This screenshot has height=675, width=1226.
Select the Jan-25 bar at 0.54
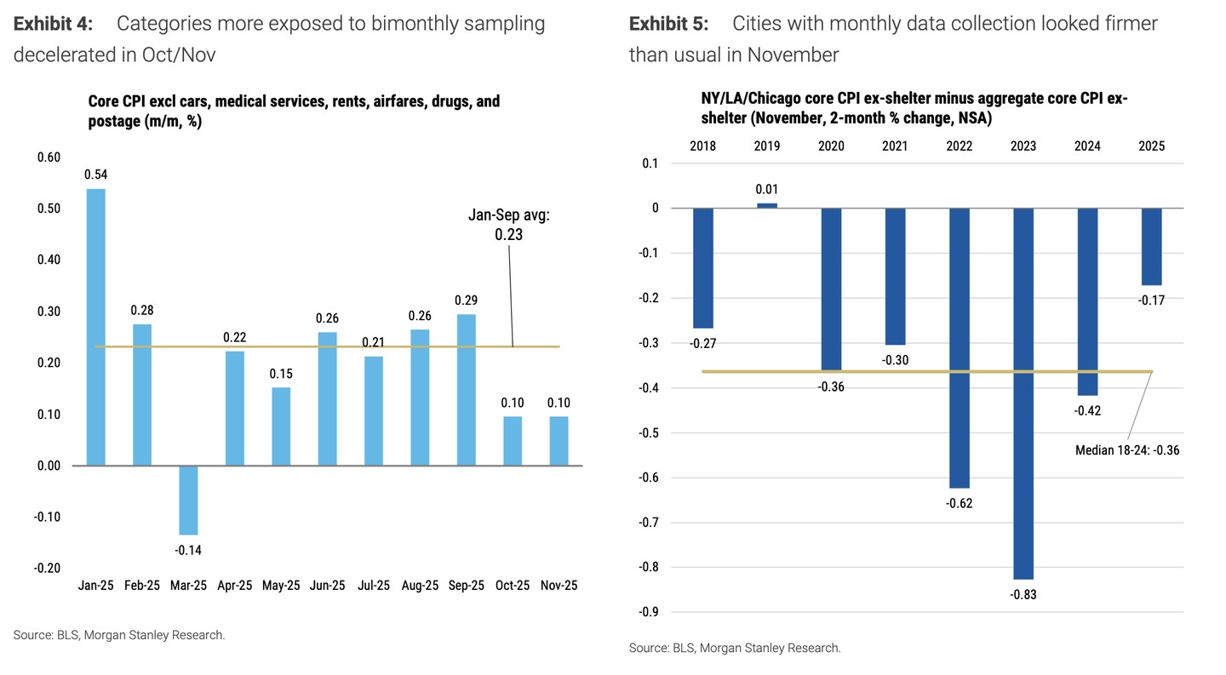(x=96, y=327)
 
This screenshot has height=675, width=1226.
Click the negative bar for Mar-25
(x=188, y=500)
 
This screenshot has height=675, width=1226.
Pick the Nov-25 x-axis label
(x=559, y=586)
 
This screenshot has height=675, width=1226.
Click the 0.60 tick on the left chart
(x=49, y=157)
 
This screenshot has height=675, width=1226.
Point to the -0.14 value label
(x=188, y=550)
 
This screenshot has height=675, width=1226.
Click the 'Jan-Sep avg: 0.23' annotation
(x=509, y=224)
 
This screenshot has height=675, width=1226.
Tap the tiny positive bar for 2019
(x=767, y=205)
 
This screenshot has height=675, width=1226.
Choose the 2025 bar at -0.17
(x=1152, y=247)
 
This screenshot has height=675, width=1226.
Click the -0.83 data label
(x=1023, y=594)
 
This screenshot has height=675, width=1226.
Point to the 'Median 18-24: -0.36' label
(x=1127, y=449)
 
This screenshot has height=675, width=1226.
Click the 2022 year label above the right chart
(x=960, y=146)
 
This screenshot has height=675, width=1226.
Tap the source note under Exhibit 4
(x=119, y=635)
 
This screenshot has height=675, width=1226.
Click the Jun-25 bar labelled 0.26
(x=327, y=398)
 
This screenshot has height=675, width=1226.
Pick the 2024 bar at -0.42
(x=1087, y=302)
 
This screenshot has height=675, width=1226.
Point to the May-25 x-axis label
(x=281, y=586)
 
